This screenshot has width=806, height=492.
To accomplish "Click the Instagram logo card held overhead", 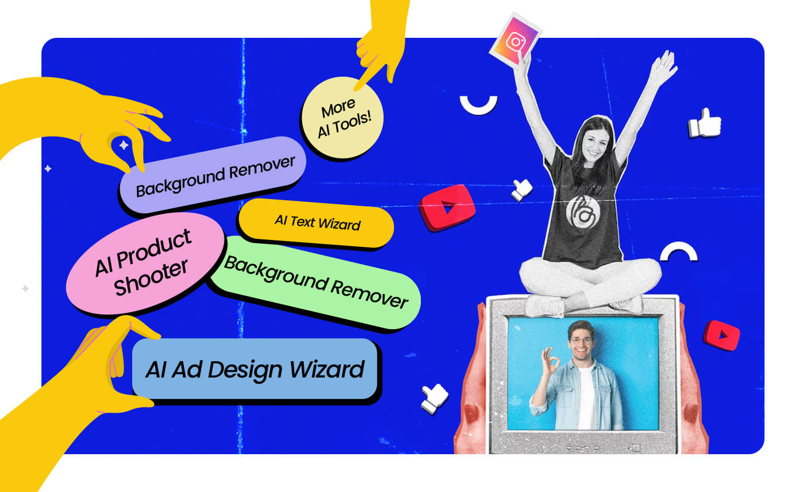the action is [x=516, y=40].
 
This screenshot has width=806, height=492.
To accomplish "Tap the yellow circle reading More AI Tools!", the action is [x=342, y=118].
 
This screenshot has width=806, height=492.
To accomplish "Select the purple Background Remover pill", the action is [x=213, y=175].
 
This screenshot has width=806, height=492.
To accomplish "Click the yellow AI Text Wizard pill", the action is [x=316, y=223].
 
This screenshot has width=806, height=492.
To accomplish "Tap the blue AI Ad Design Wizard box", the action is [x=254, y=369].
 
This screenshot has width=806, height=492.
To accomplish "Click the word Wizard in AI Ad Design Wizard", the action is [x=327, y=369].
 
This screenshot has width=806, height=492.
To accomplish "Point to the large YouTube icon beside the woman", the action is [x=447, y=207].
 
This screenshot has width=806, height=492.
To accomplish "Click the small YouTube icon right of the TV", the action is [x=722, y=336].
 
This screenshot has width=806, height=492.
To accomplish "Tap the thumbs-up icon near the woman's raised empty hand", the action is [x=705, y=123].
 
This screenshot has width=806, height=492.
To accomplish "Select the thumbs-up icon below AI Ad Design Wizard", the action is [x=434, y=399].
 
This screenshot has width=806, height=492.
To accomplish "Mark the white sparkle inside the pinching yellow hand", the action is [x=124, y=145].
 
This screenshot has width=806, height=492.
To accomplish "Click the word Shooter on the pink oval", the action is [x=151, y=277].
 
